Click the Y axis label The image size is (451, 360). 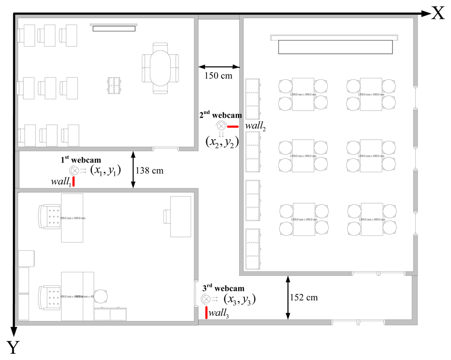[13, 348]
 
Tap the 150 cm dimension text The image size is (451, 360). [218, 75]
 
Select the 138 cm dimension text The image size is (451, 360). [150, 171]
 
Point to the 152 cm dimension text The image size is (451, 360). [304, 297]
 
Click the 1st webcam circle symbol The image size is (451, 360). [74, 171]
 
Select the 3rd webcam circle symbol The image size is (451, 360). [206, 299]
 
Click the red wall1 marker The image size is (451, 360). [74, 182]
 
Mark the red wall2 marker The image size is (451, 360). [233, 126]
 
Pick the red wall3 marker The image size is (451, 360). [206, 312]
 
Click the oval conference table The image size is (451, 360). [160, 68]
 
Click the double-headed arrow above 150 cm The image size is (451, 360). [219, 67]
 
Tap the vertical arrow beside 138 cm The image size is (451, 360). [133, 170]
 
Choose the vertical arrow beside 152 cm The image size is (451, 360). [288, 297]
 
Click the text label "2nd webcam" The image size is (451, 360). [221, 115]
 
